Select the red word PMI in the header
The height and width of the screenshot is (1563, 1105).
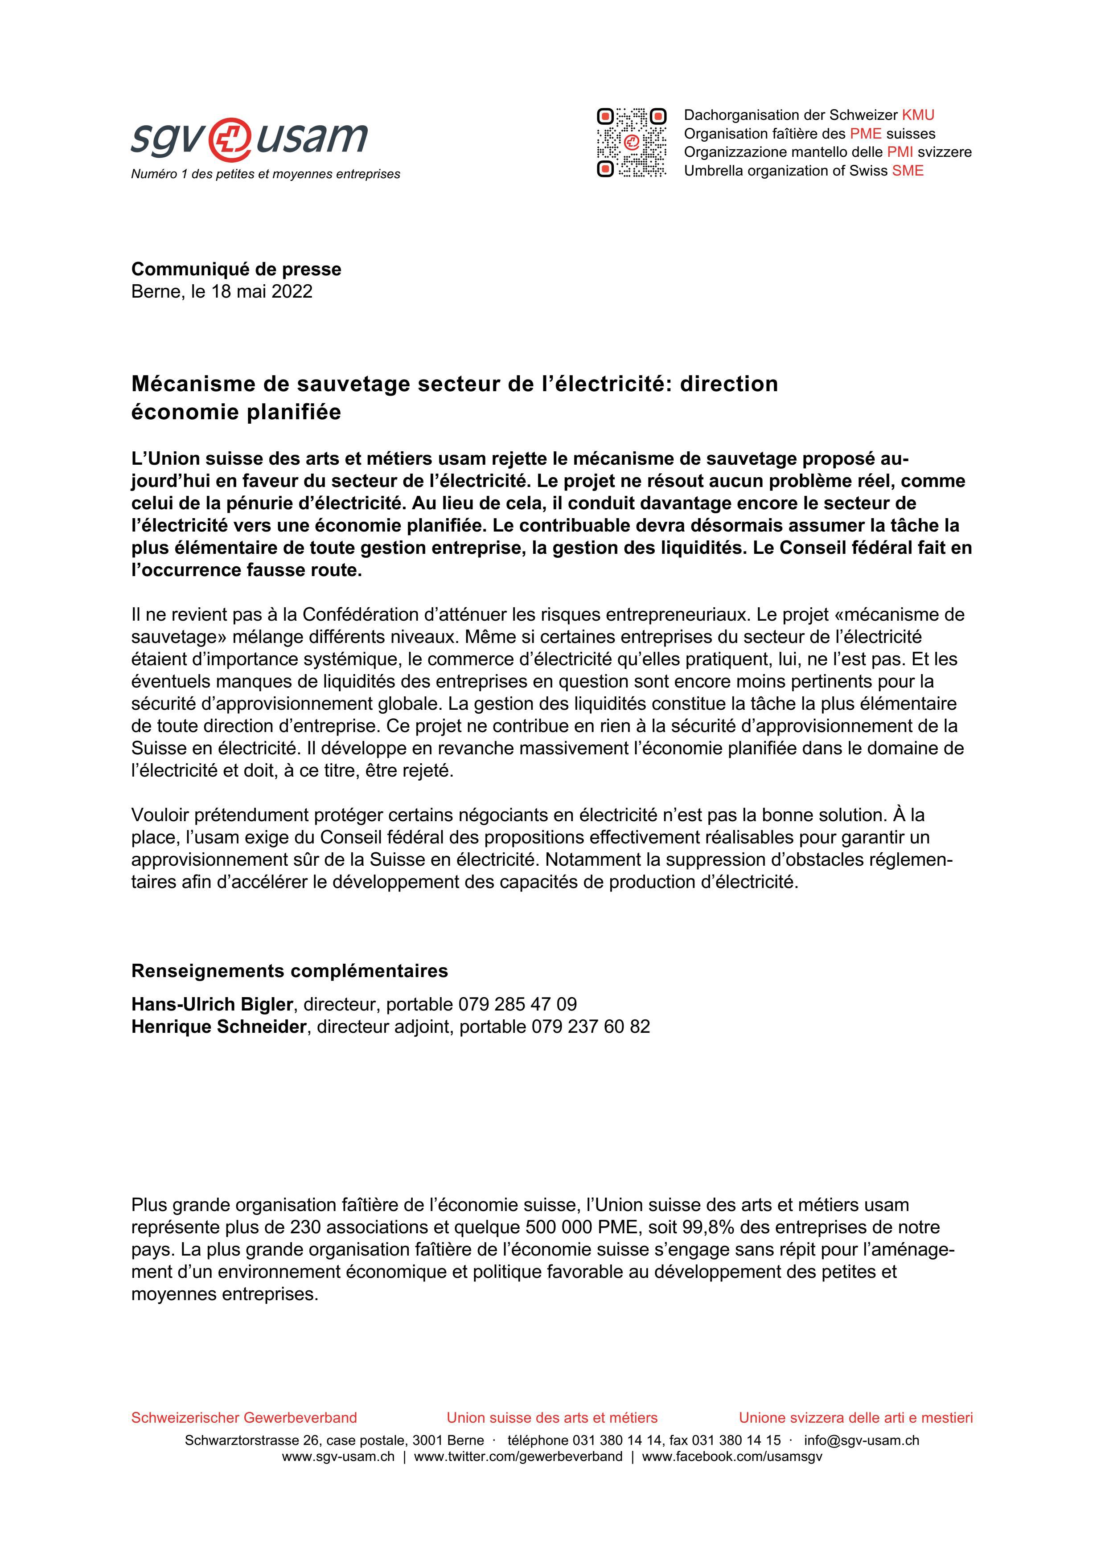pyautogui.click(x=900, y=152)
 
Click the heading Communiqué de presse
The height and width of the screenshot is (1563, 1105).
pyautogui.click(x=236, y=269)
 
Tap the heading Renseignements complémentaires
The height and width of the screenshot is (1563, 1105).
pyautogui.click(x=289, y=971)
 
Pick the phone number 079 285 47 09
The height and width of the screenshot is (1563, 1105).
pyautogui.click(x=518, y=1004)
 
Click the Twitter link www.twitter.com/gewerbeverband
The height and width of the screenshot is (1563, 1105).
pyautogui.click(x=518, y=1457)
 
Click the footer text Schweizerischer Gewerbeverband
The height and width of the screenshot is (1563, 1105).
pyautogui.click(x=244, y=1418)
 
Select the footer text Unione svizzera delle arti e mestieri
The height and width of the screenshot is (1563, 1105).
pyautogui.click(x=856, y=1418)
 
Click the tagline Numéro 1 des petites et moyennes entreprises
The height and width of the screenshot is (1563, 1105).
pyautogui.click(x=266, y=174)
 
